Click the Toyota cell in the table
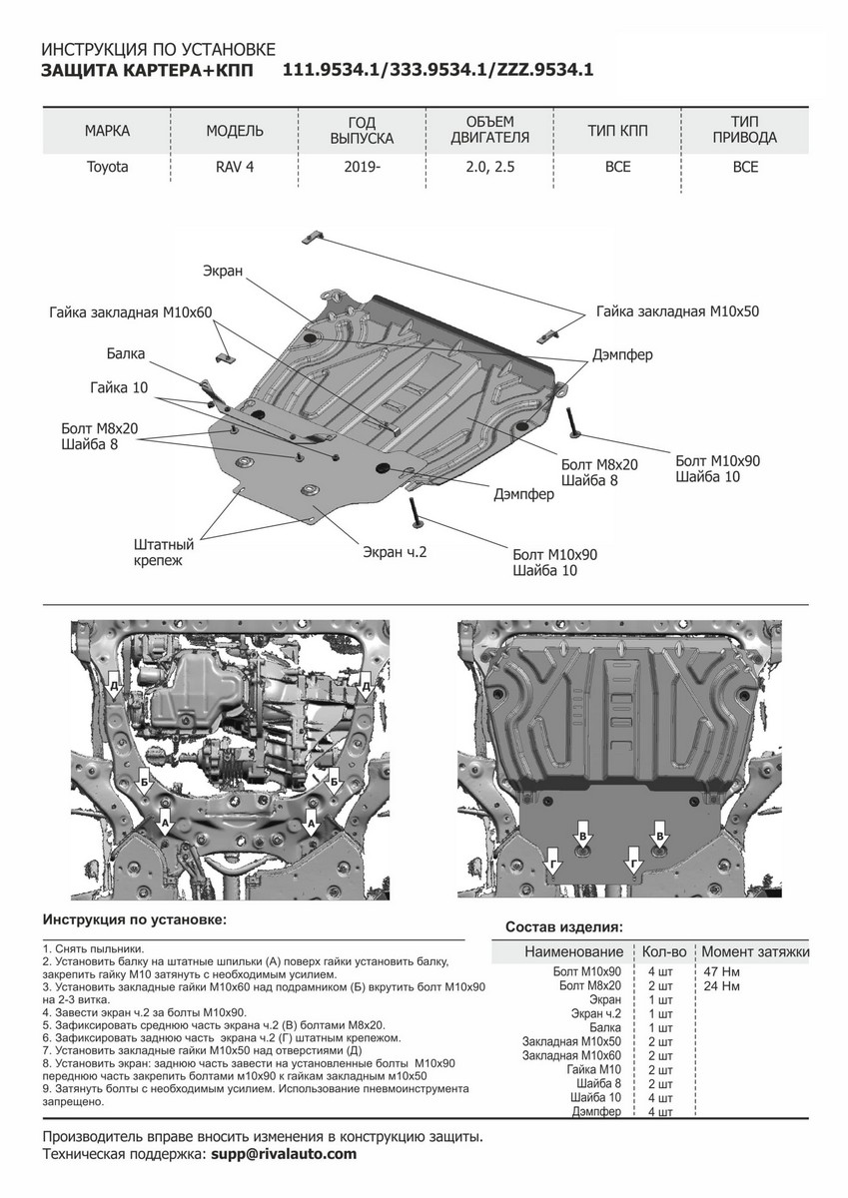tap(107, 167)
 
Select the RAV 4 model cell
tap(235, 167)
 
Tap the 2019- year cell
tap(362, 167)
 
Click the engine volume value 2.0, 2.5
tap(489, 167)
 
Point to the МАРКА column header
tap(107, 131)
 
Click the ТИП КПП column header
tap(617, 131)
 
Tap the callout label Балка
tap(126, 353)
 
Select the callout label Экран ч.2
tap(395, 551)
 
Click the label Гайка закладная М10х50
tap(679, 311)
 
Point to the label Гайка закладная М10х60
tap(130, 312)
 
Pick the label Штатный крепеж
tap(163, 553)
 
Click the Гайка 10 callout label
tap(117, 387)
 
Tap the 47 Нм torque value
tap(723, 971)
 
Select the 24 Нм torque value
tap(723, 986)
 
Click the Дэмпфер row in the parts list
tap(597, 1112)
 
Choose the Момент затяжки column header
tap(755, 951)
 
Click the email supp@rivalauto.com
tap(284, 1153)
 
